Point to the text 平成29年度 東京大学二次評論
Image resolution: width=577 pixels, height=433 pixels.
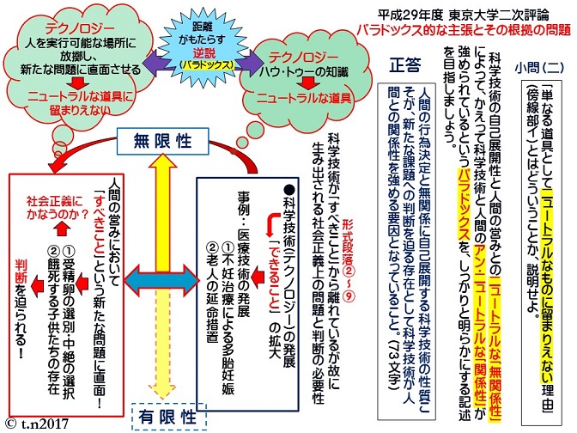click(x=464, y=12)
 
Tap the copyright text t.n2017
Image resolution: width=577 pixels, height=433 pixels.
click(x=39, y=423)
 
